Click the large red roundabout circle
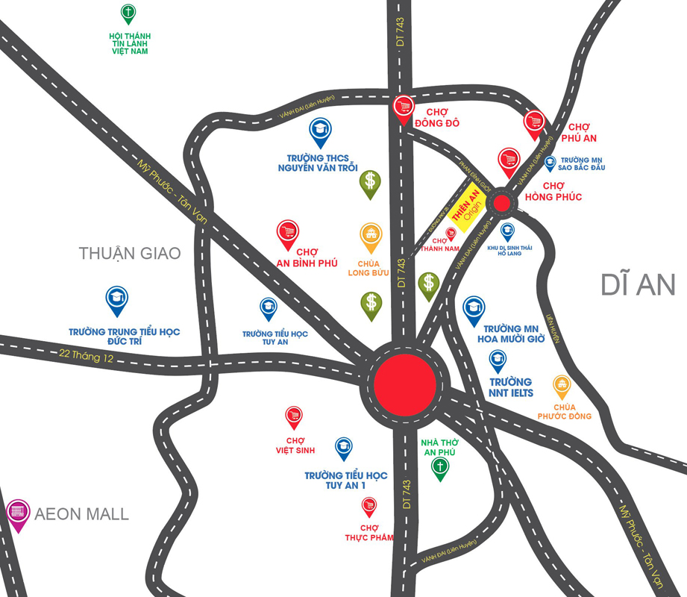404,386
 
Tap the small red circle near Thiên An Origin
502,202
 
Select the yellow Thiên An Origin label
465,207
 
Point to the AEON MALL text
82,514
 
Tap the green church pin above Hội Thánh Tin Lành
128,14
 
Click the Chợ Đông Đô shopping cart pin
404,107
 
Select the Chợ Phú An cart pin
535,123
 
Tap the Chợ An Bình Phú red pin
288,234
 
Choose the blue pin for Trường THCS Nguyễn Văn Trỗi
320,133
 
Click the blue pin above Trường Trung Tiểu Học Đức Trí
117,300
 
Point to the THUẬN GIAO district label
130,254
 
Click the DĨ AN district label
638,284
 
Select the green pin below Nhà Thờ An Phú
441,468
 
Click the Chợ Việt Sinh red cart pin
294,417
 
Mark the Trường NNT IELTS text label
510,388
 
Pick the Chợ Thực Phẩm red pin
368,507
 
